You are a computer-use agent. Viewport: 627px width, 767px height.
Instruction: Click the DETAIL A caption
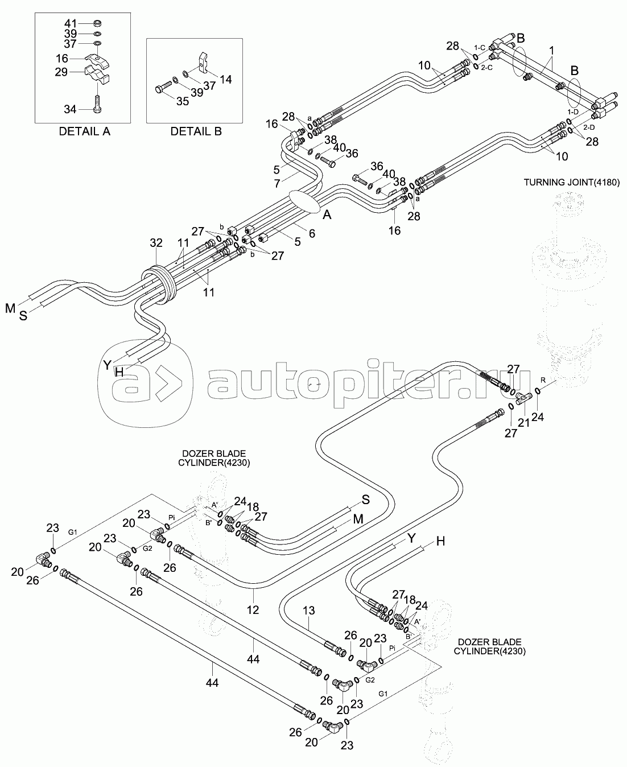pos(85,131)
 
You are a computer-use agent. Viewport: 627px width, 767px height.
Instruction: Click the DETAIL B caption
pos(196,131)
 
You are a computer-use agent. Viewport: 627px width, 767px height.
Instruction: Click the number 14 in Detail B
pos(226,80)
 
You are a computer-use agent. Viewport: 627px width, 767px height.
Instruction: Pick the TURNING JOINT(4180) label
pos(572,182)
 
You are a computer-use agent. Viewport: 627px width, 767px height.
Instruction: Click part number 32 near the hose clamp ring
pos(156,243)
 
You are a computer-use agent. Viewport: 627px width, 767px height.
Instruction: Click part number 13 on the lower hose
pos(308,611)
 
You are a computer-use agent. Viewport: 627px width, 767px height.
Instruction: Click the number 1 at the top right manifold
pos(551,50)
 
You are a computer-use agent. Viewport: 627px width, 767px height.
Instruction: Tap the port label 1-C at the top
pos(479,48)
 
